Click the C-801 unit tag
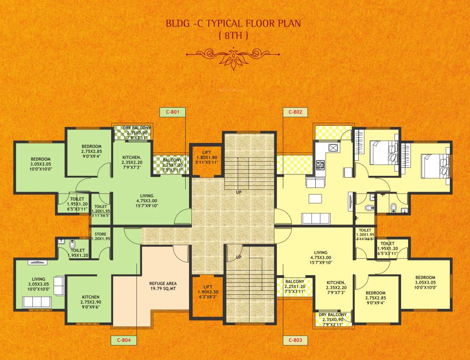tap(173, 112)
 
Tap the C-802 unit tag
tap(295, 112)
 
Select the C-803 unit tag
tap(295, 339)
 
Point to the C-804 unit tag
tap(124, 339)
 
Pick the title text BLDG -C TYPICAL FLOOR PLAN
tap(233, 23)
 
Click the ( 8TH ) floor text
tap(233, 36)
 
